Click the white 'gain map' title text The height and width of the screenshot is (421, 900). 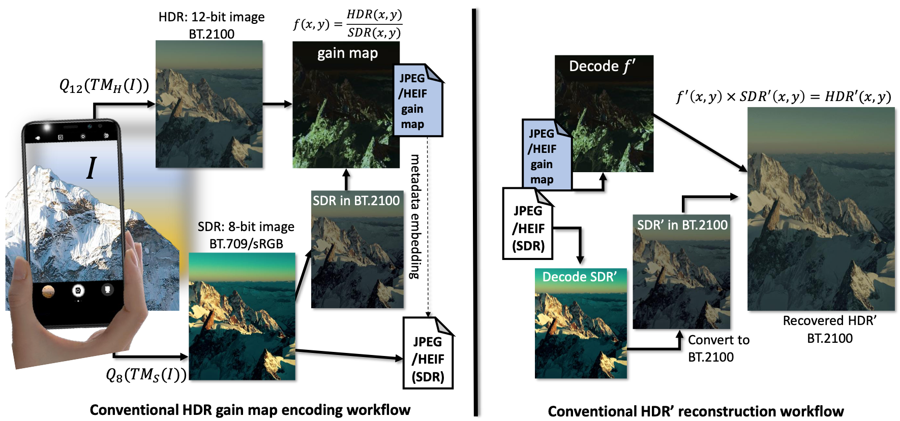coord(347,53)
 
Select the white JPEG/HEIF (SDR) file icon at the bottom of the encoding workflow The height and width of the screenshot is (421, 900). coord(428,353)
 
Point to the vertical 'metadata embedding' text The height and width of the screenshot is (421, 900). coord(415,216)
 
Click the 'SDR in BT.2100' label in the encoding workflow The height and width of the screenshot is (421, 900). coord(356,201)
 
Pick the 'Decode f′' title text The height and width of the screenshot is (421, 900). coord(602,66)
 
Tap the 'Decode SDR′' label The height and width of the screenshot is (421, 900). coord(579,277)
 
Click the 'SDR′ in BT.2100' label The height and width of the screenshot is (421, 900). coord(682,225)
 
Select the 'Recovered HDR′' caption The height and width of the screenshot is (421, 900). coord(829,321)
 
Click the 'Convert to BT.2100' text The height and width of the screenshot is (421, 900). coord(718,348)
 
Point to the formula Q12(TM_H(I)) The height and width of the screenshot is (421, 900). coord(104,85)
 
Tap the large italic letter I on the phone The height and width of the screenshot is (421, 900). coord(92,168)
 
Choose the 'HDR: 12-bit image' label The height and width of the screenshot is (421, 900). coord(212,17)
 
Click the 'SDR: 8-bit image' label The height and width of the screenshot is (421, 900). coord(246,226)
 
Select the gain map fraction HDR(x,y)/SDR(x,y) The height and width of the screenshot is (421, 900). coord(374,23)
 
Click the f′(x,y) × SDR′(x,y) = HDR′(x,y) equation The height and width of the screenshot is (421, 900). coord(784,96)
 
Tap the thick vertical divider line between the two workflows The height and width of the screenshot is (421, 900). coord(475,212)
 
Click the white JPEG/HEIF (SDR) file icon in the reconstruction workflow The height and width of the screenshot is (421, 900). coord(528,223)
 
